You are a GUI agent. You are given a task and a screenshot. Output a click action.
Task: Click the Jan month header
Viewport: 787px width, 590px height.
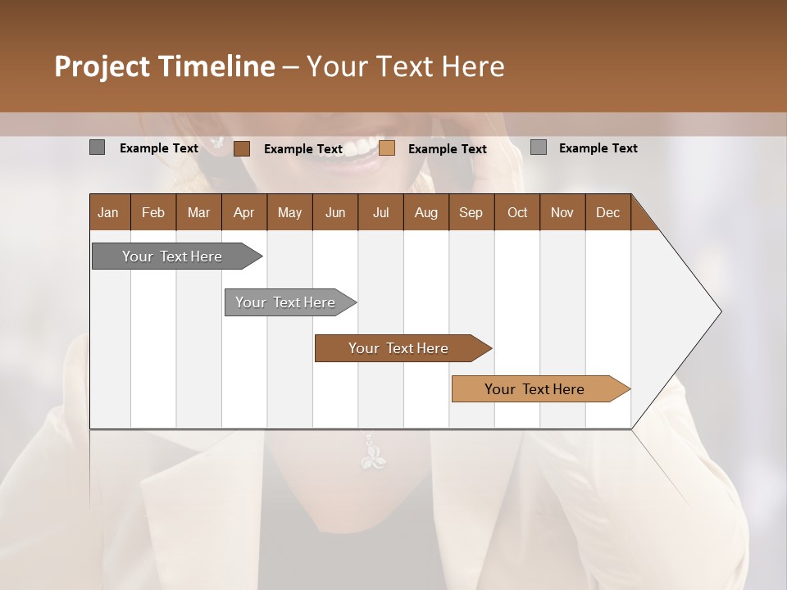point(109,212)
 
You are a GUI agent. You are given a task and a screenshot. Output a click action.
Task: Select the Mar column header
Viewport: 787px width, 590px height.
point(198,212)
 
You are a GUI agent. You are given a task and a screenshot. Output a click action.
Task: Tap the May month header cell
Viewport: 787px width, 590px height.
point(289,212)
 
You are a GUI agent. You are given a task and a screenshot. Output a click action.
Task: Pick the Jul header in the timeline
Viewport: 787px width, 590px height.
point(380,212)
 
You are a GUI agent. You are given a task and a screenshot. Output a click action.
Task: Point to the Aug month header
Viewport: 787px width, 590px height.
point(425,212)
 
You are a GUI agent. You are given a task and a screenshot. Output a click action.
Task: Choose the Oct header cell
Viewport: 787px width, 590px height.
point(516,212)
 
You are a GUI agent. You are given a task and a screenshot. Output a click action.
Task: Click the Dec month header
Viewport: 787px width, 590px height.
point(607,212)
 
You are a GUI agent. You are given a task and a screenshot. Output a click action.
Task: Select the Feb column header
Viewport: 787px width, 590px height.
point(153,212)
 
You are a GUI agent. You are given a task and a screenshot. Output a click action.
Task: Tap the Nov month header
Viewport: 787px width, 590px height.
point(562,212)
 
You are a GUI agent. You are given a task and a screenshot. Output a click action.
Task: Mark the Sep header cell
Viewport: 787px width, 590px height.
point(471,212)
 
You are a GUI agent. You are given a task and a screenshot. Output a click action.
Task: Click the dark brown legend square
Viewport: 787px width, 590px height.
point(241,148)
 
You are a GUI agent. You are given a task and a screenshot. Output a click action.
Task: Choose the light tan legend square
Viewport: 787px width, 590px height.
point(387,148)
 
